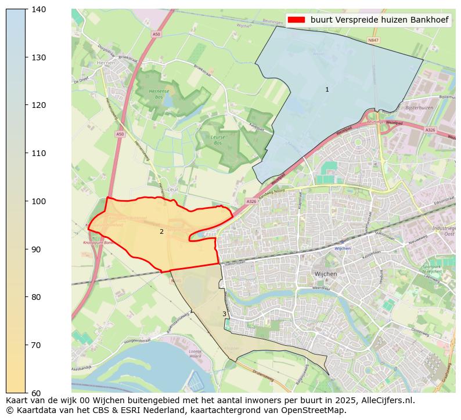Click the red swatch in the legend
click(x=296, y=20)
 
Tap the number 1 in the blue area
click(x=327, y=90)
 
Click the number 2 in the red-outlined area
click(x=161, y=232)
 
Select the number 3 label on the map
click(x=224, y=314)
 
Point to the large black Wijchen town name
click(x=326, y=274)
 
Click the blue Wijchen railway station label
click(x=343, y=248)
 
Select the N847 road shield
click(x=373, y=41)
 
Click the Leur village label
click(x=172, y=190)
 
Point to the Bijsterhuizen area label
click(x=420, y=108)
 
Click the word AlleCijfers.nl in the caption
click(x=378, y=400)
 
